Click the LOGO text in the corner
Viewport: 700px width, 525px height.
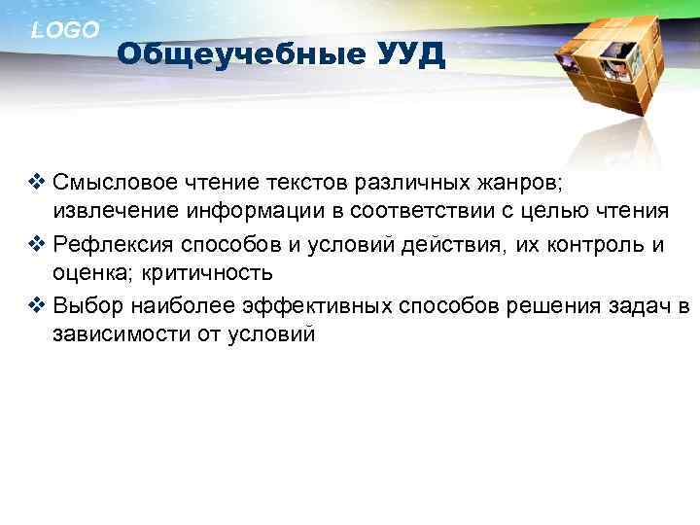[x=65, y=30]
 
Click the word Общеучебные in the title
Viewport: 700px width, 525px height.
[x=240, y=54]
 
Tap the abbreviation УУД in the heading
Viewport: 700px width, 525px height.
[x=409, y=54]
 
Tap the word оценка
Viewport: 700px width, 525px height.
[x=87, y=275]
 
